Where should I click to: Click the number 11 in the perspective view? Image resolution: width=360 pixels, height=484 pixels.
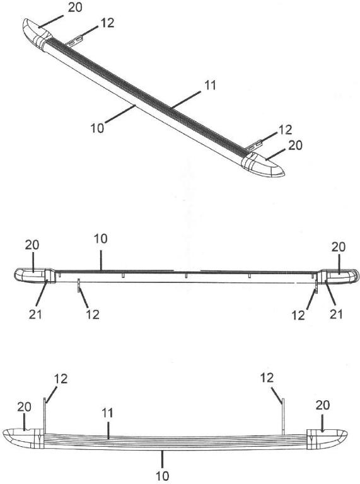210,85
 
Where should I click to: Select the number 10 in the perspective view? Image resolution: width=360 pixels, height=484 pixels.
97,128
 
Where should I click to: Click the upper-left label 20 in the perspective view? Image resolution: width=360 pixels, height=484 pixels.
75,8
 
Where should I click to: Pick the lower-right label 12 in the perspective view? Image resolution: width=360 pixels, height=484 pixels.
285,130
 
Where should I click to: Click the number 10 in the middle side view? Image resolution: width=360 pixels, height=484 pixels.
101,239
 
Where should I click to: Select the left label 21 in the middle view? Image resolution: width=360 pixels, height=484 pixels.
35,314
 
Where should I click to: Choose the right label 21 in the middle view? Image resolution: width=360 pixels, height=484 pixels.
336,314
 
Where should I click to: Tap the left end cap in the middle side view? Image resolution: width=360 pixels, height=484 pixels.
35,275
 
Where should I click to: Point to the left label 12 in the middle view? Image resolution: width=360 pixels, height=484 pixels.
93,314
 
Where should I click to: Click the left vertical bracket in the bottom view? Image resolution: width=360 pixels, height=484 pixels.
45,416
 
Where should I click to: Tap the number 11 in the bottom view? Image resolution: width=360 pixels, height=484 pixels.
107,413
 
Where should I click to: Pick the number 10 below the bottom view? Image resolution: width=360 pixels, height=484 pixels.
163,476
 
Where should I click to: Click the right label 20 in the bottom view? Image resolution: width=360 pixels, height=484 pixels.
323,405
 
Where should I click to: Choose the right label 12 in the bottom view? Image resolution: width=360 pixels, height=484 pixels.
267,377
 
